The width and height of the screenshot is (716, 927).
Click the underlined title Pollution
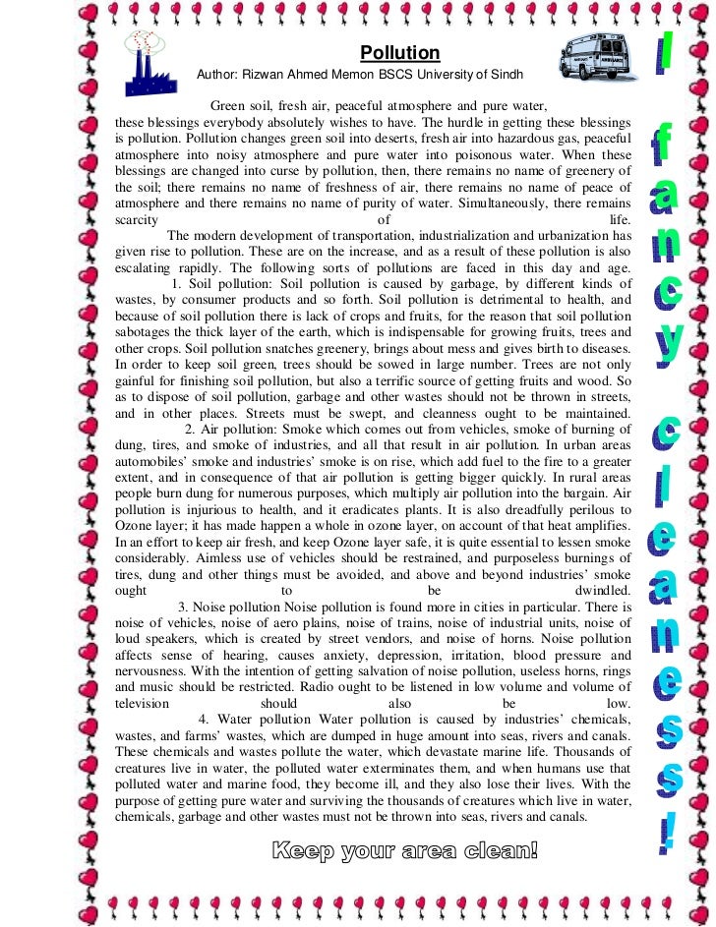[399, 53]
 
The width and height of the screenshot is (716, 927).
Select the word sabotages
[148, 332]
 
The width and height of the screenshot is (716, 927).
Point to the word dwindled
[602, 591]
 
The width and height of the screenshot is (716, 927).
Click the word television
[143, 704]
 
